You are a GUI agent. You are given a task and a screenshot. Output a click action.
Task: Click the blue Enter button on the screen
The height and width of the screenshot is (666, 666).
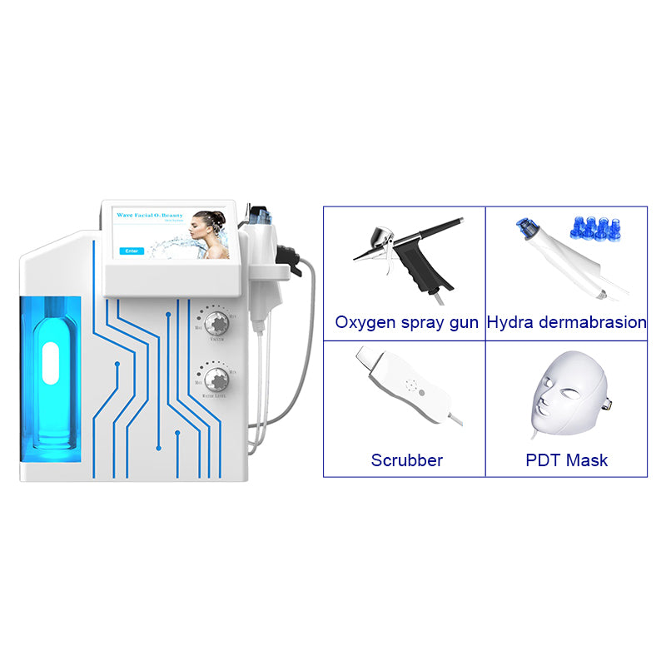(x=132, y=251)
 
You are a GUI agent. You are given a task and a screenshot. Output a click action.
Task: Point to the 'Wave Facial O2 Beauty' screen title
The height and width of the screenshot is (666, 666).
(x=149, y=215)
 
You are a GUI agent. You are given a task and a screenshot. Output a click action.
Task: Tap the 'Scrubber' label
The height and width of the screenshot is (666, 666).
(x=407, y=460)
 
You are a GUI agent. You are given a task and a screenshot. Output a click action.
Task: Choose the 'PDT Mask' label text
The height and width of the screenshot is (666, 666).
(x=566, y=460)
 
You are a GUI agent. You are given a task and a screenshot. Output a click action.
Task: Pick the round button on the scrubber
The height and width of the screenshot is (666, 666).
(x=422, y=394)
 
